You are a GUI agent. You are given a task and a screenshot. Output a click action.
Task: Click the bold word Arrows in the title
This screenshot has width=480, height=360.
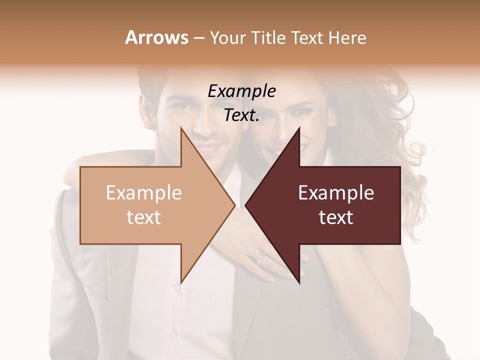(156, 38)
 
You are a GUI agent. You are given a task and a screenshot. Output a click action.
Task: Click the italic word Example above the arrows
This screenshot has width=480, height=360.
(241, 92)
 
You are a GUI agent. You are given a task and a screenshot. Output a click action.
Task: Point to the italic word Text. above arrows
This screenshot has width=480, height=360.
(241, 115)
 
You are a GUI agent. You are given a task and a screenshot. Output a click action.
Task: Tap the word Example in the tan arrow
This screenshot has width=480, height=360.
(144, 193)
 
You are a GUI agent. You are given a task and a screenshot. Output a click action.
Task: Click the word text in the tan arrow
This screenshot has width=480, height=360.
(144, 217)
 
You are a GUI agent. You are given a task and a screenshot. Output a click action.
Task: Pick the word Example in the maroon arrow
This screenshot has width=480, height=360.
(336, 193)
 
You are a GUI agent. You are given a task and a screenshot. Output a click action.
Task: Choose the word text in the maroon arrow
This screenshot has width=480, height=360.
(336, 217)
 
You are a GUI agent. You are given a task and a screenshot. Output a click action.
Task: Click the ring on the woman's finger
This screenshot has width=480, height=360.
(260, 258)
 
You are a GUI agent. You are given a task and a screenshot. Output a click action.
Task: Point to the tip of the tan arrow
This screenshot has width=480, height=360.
(234, 205)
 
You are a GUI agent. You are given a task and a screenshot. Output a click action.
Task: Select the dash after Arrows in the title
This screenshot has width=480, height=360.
(198, 38)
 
